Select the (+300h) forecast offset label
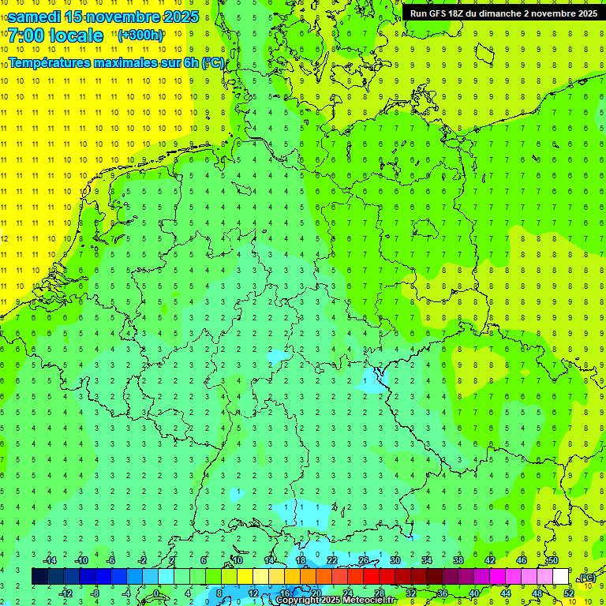140,36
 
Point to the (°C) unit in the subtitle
213,62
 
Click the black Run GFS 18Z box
503,13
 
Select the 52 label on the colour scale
569,593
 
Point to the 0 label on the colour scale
156,593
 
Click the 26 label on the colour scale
364,560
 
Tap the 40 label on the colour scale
474,593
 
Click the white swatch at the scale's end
561,577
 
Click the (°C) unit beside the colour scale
586,578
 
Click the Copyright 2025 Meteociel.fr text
335,600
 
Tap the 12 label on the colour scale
253,593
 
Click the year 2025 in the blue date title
178,16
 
